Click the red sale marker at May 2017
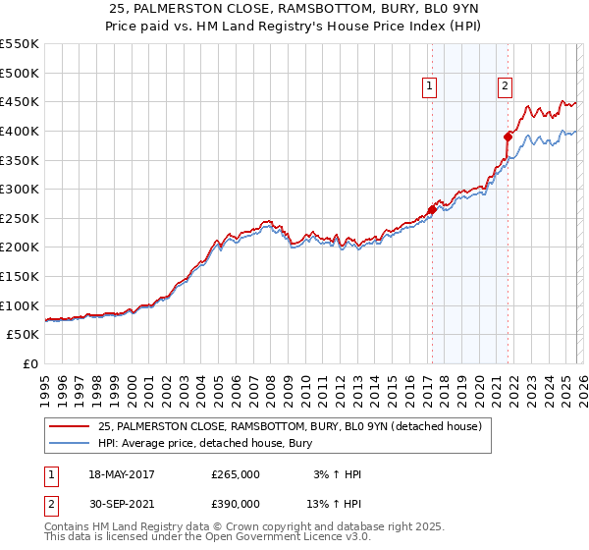click(x=432, y=209)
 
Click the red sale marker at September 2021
click(x=509, y=137)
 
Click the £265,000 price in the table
click(x=236, y=474)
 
